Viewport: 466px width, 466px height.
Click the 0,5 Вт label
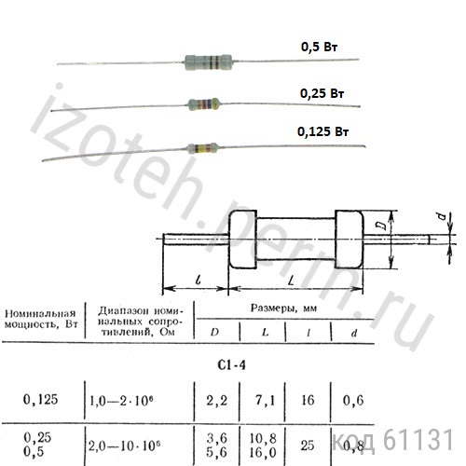click(319, 47)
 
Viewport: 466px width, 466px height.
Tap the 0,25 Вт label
click(322, 93)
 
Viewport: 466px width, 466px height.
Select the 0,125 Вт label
click(323, 131)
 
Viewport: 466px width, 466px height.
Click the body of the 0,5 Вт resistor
click(208, 62)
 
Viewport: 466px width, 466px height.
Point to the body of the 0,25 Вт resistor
click(204, 104)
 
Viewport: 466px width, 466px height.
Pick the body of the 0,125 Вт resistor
click(202, 148)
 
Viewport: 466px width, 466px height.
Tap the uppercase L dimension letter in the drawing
click(291, 281)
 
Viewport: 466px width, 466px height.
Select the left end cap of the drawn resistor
click(242, 240)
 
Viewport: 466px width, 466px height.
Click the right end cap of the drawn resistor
click(349, 240)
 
